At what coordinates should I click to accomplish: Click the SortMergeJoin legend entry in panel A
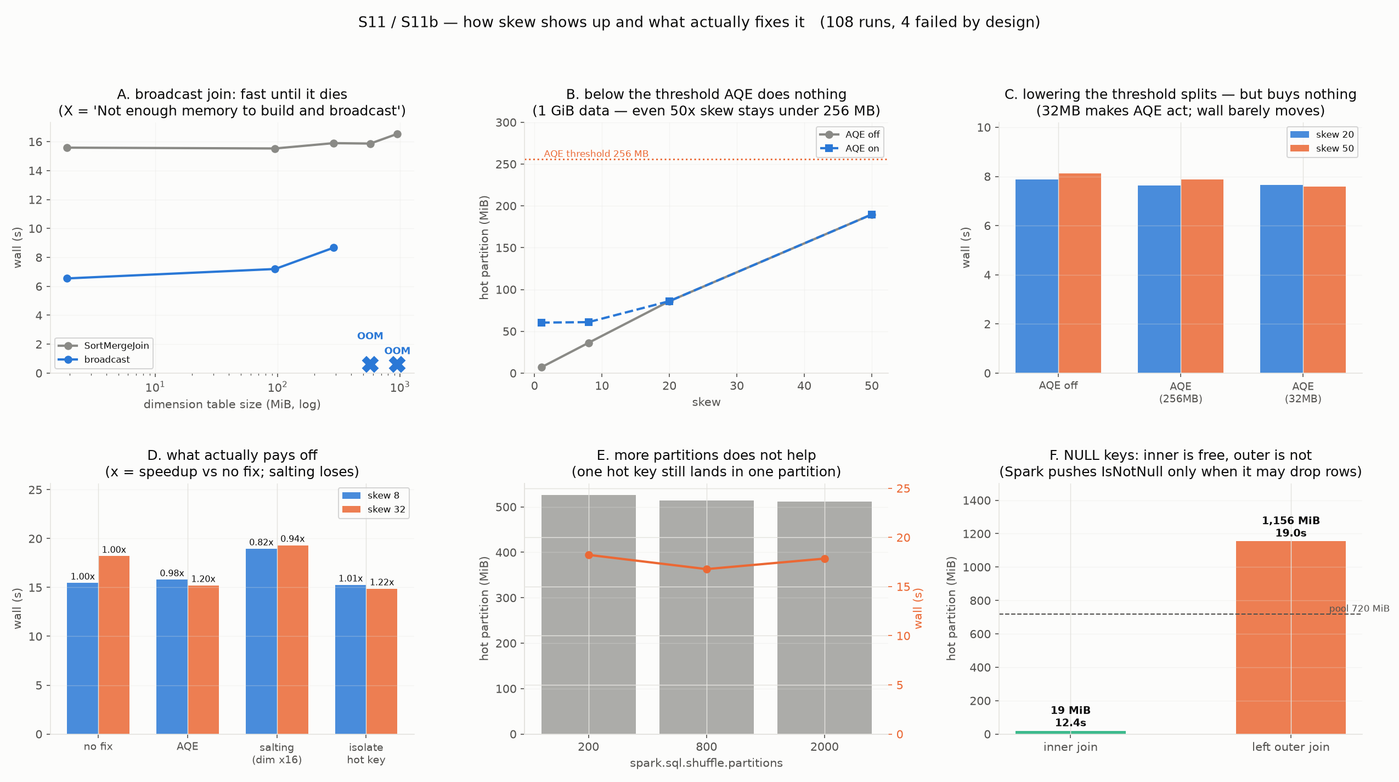tap(104, 346)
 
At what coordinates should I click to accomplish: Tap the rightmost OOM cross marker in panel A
tap(397, 364)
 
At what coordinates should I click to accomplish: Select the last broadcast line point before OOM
tap(334, 248)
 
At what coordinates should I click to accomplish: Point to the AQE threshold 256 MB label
tap(596, 154)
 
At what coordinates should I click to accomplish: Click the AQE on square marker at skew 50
tap(872, 215)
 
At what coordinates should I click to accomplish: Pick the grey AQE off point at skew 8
tap(589, 343)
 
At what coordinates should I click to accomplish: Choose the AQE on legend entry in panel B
tap(850, 149)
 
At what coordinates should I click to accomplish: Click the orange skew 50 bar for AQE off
tap(1080, 273)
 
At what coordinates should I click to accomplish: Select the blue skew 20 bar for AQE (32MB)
tap(1281, 279)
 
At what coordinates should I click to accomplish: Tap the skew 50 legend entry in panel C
tap(1322, 149)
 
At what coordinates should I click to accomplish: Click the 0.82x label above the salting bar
tap(261, 542)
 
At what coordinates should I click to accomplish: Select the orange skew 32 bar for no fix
tap(114, 645)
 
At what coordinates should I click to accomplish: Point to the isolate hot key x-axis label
tap(366, 753)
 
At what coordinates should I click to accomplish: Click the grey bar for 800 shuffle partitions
tap(707, 617)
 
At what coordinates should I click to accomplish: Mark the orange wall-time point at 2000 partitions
tap(825, 559)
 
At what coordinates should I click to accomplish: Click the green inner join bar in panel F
tap(1070, 733)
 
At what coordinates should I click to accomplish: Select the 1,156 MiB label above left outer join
tap(1291, 520)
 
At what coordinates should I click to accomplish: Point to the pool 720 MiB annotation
tap(1359, 609)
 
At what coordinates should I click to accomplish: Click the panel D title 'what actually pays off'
tap(232, 455)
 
